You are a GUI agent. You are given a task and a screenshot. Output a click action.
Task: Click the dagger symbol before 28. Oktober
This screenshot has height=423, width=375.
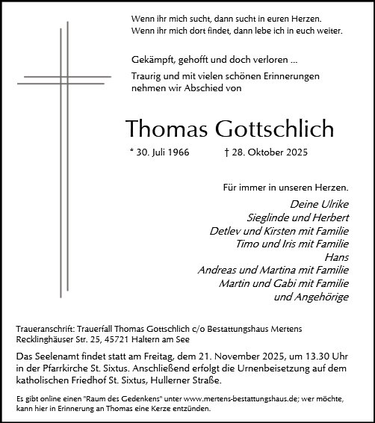click(226, 152)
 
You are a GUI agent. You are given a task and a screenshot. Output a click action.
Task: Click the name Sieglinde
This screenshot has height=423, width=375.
click(270, 217)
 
